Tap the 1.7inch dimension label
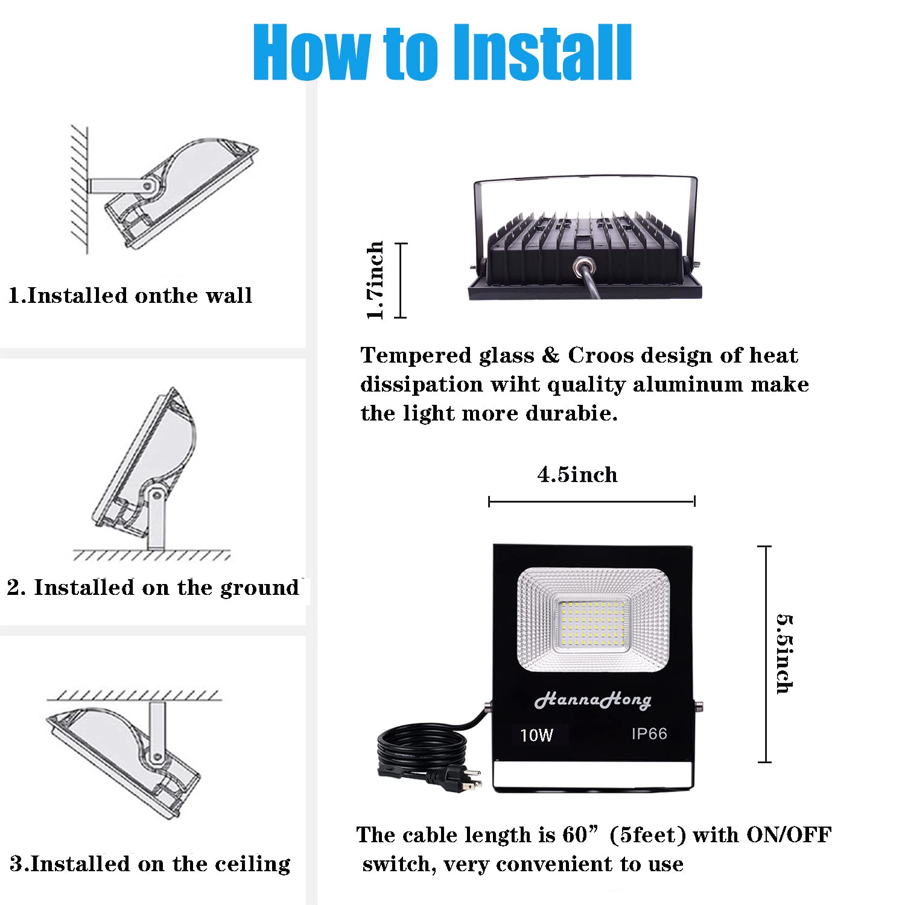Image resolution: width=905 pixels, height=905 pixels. point(375,280)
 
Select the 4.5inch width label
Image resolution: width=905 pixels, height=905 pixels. point(577,475)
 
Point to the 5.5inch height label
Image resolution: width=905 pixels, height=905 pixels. point(784,654)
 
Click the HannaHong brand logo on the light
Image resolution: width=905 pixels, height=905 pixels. point(592,700)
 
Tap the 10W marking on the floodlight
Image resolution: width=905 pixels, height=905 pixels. point(536,735)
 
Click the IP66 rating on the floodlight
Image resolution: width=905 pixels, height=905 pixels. point(649,734)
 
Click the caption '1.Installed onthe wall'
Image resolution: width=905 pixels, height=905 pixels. point(130,296)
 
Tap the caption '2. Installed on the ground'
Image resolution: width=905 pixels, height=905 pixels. point(153,587)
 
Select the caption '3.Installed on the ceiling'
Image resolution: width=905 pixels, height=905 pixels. point(150,864)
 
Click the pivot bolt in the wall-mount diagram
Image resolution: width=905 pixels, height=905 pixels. point(147,186)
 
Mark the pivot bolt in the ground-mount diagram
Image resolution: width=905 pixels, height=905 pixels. point(156,496)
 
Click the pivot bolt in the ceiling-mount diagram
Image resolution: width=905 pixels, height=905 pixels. point(156,757)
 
